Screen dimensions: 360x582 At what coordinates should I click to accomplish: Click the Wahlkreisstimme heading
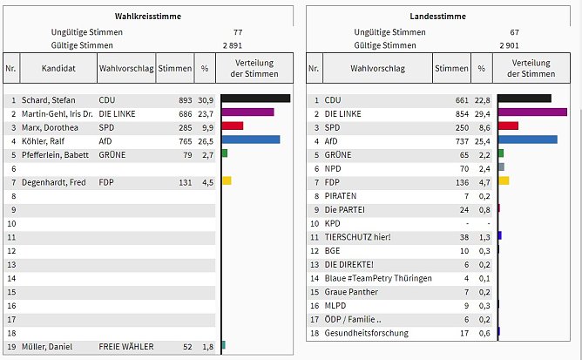(145, 17)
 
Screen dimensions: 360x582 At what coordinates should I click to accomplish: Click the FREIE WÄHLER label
(125, 347)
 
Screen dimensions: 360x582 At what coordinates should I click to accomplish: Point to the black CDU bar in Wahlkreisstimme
(256, 98)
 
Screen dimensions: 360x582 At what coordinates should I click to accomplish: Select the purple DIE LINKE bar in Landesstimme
(532, 112)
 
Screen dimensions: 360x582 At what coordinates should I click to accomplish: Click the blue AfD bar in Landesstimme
(527, 139)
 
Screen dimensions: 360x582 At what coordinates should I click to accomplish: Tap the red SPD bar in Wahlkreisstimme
(233, 126)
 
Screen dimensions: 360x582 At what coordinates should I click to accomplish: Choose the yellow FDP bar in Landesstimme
(504, 180)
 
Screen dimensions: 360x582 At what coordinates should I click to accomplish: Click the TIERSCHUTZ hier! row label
(357, 237)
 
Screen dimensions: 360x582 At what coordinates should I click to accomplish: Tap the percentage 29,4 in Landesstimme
(482, 113)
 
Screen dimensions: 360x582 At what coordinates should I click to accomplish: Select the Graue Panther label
(352, 292)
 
